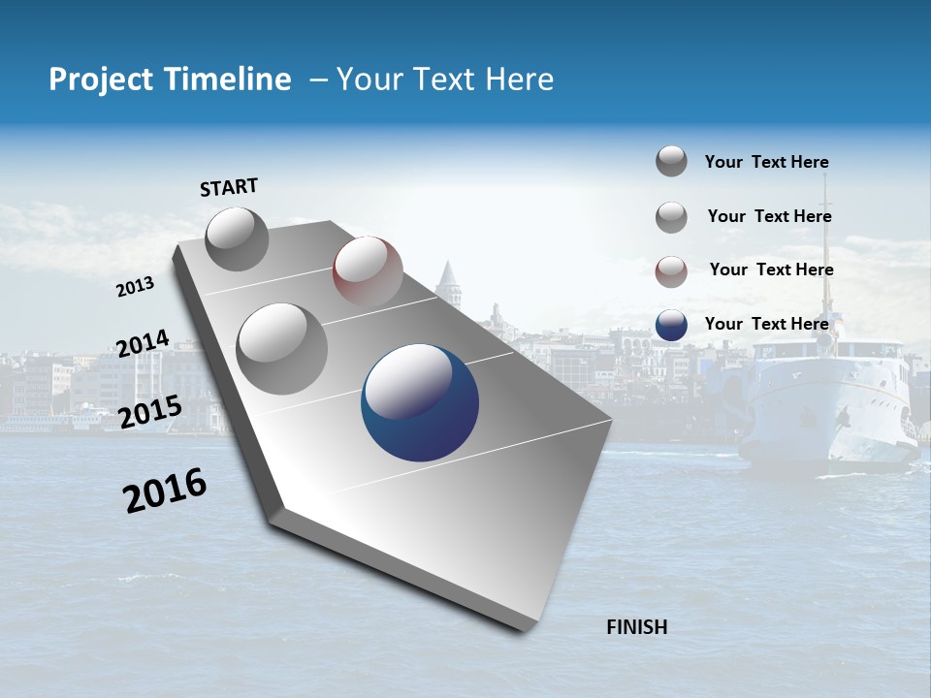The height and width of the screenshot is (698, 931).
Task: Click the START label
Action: (x=229, y=187)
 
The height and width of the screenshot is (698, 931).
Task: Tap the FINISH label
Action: (x=636, y=627)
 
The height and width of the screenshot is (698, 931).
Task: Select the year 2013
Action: (x=136, y=287)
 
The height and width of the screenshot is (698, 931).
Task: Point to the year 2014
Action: (x=143, y=344)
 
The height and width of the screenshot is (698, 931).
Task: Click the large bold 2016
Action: (x=165, y=491)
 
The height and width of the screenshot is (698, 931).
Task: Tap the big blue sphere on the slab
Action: (x=420, y=403)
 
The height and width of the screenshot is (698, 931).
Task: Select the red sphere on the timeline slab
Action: (x=368, y=271)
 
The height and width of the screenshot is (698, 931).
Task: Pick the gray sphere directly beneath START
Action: (x=237, y=238)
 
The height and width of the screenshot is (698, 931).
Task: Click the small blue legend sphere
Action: (x=671, y=325)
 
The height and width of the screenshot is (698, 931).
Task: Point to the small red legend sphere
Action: (x=671, y=271)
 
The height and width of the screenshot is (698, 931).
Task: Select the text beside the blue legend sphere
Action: (x=766, y=324)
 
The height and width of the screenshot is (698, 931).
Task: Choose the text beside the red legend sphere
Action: (x=771, y=270)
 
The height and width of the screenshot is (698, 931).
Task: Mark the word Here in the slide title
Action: (x=519, y=79)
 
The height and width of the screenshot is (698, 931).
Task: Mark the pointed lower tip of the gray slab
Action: (x=525, y=628)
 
